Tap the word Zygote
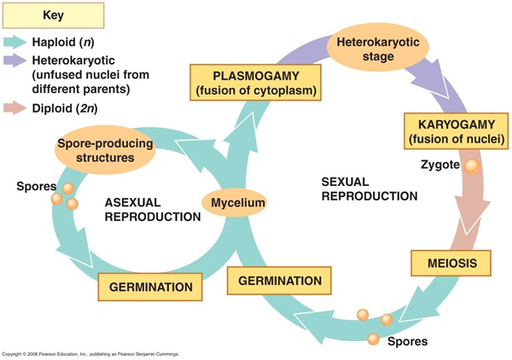[x=439, y=162]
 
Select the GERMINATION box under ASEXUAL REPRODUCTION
[x=151, y=286]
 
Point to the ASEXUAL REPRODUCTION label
[x=153, y=210]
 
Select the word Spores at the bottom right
[x=408, y=342]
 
